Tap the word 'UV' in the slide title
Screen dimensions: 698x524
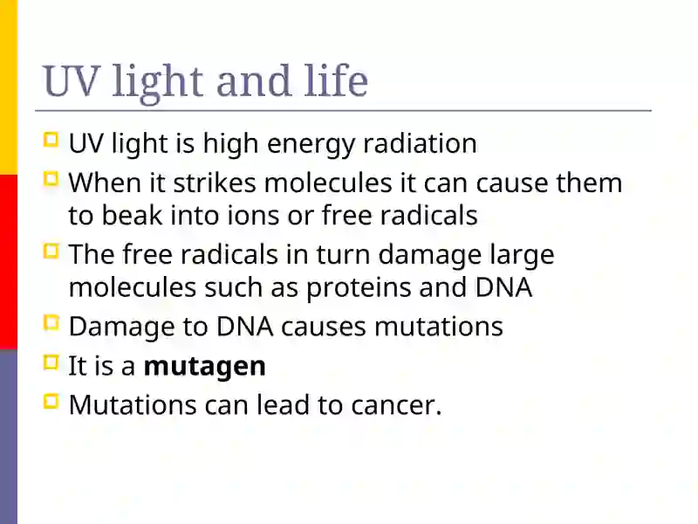[70, 81]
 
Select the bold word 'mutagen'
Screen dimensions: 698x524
[205, 367]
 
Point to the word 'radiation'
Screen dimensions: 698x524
[420, 143]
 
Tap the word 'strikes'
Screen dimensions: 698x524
[215, 183]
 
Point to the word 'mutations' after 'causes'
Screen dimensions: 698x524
[439, 327]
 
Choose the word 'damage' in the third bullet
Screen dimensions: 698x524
[430, 256]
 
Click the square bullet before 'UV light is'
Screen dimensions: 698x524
[51, 140]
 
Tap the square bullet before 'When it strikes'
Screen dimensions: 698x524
[51, 179]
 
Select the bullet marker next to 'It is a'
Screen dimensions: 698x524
[51, 362]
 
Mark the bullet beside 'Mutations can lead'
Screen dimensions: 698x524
[51, 402]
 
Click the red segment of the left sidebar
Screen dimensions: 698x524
[9, 262]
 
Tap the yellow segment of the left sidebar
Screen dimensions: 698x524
[9, 87]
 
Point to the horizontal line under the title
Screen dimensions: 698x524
[343, 110]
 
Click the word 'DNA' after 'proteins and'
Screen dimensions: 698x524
[503, 288]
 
